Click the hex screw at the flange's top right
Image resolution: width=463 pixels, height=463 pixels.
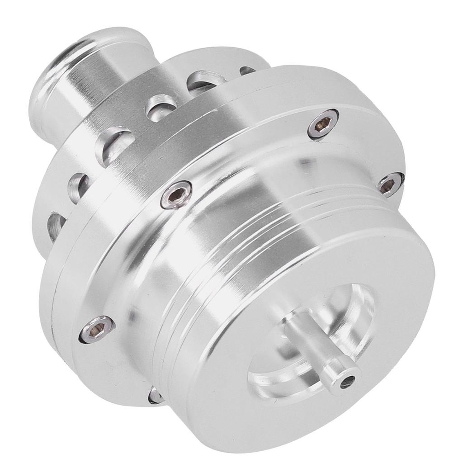323,123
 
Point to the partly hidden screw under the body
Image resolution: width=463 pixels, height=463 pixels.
155,395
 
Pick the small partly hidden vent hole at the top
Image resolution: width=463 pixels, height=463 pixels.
247,70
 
